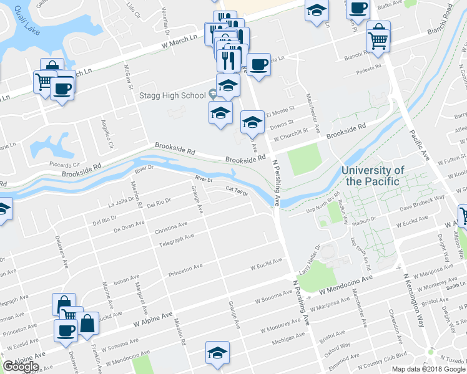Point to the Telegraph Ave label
click(x=176, y=241)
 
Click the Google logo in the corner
click(x=21, y=366)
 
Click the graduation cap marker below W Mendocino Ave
click(x=217, y=353)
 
